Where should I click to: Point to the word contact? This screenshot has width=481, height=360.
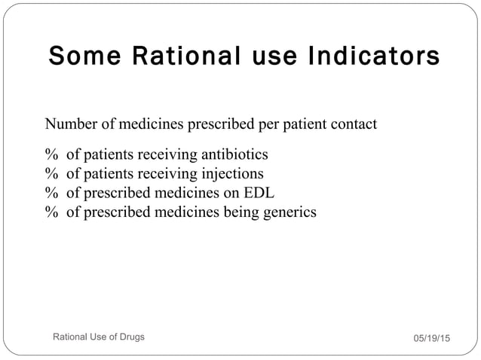pos(351,124)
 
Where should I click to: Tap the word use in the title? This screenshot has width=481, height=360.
pos(253,57)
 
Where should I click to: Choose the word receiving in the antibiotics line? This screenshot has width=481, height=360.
pos(162,156)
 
